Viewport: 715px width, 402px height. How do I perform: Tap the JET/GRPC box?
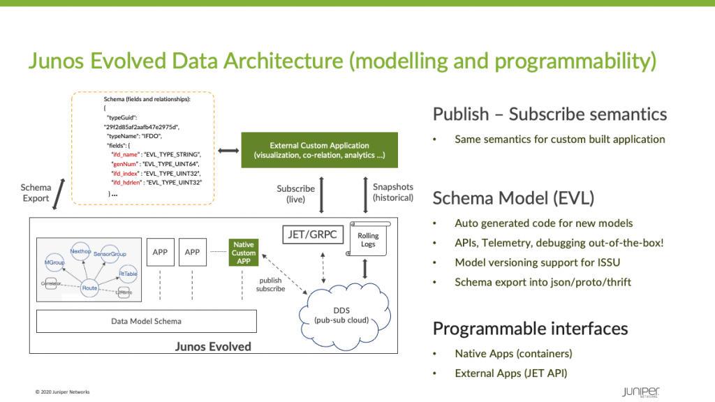coord(314,234)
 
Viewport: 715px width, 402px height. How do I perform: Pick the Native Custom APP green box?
coord(244,252)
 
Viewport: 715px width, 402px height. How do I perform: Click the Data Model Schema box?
coord(146,321)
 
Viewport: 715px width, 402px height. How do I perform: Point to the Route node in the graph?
coord(89,287)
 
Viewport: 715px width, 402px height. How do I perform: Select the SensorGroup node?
coord(114,254)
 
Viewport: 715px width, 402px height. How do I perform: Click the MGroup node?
coord(54,264)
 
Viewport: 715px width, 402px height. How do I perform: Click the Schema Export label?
coord(36,193)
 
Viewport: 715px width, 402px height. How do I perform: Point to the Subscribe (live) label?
coord(295,194)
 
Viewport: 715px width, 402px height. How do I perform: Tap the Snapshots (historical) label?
coord(393,192)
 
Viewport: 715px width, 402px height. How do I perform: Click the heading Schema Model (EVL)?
coord(513,198)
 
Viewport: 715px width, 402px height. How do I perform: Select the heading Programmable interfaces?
coord(530,328)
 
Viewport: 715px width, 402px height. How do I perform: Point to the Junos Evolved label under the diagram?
coord(212,346)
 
